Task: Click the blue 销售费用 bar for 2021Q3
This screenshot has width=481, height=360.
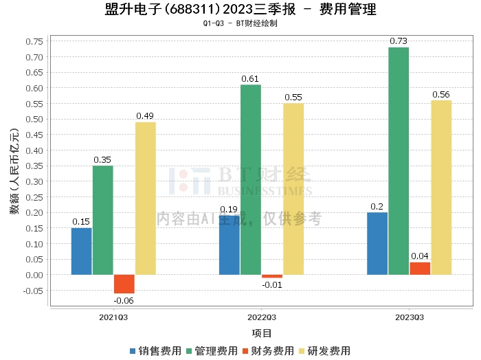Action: click(x=81, y=251)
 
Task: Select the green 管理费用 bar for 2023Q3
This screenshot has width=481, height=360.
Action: click(x=399, y=161)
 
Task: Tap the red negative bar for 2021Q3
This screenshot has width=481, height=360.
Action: click(x=124, y=284)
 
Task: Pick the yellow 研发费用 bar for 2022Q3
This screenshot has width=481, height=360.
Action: click(x=293, y=189)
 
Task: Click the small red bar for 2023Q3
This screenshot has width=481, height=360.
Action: click(x=420, y=269)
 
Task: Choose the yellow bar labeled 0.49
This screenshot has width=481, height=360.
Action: click(x=146, y=199)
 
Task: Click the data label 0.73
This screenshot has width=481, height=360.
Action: click(x=399, y=41)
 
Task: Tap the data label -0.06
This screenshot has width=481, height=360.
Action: click(x=124, y=300)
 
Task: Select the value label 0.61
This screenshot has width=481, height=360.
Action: click(x=251, y=79)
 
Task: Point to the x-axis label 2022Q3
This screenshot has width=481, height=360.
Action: click(x=262, y=318)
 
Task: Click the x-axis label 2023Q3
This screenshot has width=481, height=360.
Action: click(x=410, y=318)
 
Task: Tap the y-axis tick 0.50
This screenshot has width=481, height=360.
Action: click(x=34, y=119)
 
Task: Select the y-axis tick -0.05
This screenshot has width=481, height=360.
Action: click(x=32, y=291)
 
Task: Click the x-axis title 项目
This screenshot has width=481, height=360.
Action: click(x=261, y=333)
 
